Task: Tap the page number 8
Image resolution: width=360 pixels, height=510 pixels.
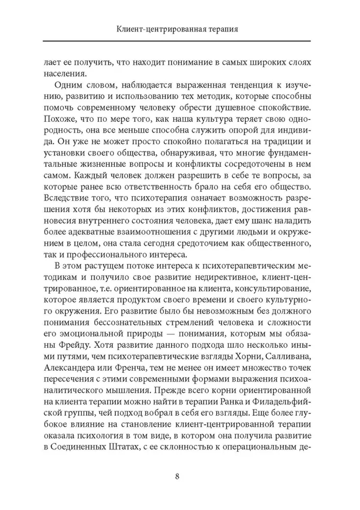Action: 177,477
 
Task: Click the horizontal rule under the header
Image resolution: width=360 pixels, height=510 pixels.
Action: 176,41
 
